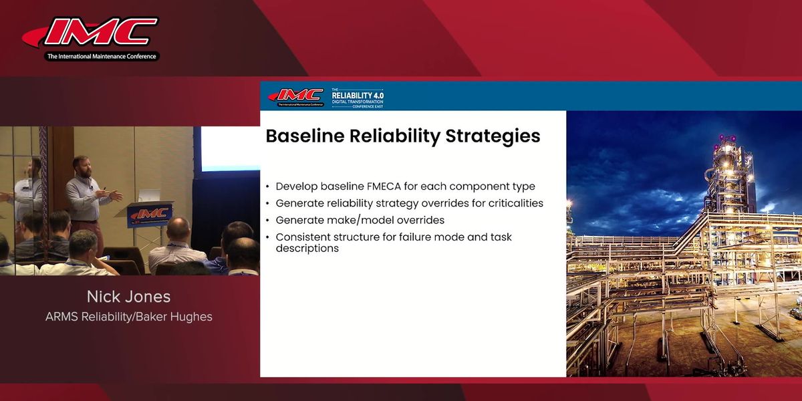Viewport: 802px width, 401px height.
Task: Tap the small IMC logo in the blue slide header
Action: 296,98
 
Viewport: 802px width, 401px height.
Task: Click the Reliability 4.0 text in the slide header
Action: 358,96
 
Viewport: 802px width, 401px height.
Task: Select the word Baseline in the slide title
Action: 305,136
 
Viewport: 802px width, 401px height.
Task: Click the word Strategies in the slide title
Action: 493,137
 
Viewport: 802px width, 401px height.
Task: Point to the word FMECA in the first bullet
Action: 384,186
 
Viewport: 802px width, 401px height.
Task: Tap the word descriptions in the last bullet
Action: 307,248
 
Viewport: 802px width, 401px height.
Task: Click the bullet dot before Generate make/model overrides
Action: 268,221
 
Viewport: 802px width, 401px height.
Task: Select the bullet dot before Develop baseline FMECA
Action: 268,187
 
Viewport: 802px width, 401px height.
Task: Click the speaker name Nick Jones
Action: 128,297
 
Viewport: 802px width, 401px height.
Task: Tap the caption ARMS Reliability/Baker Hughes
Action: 129,317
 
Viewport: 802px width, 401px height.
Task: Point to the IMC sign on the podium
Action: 150,215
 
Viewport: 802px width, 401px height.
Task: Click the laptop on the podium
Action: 148,196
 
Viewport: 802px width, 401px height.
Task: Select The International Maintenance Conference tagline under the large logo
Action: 102,56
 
